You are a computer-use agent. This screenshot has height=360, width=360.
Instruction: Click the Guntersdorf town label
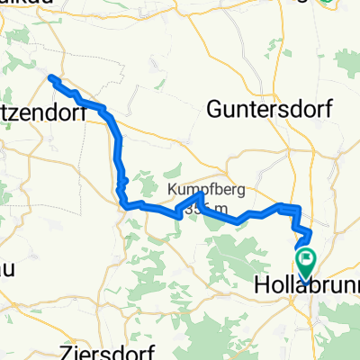tap(270, 109)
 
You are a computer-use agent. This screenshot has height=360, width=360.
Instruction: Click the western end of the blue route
tap(50, 78)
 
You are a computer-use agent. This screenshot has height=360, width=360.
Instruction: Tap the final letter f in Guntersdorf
tap(328, 109)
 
